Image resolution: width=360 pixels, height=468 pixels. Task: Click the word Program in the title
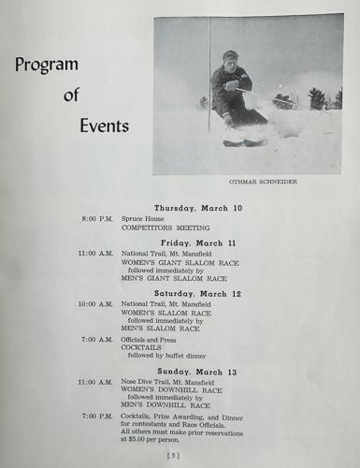click(46, 66)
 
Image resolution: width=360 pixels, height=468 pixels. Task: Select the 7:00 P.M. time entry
click(98, 416)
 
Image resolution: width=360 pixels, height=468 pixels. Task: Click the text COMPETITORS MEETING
click(165, 227)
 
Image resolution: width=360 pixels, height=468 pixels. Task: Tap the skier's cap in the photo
click(230, 55)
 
